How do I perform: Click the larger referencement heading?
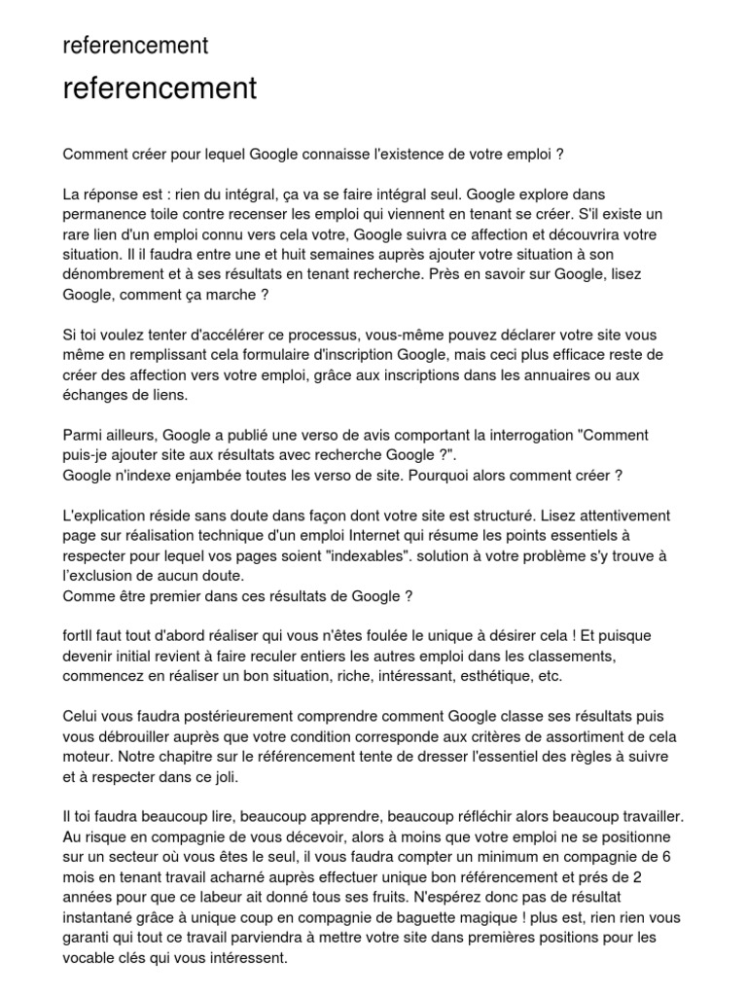coord(160,89)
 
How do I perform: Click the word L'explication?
coord(110,516)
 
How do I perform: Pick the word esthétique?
coord(515,675)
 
